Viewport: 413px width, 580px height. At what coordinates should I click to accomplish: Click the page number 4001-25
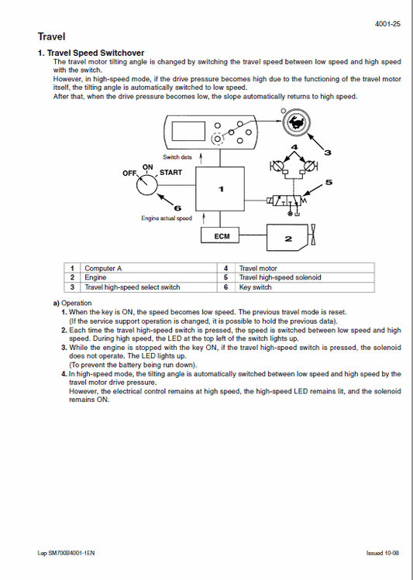click(x=387, y=24)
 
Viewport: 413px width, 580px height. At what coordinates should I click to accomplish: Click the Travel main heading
click(x=51, y=36)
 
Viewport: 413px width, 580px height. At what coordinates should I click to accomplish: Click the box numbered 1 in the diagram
click(x=222, y=187)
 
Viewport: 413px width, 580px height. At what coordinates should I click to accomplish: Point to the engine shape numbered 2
click(x=287, y=239)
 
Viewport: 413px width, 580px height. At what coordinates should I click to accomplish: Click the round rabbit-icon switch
click(x=294, y=122)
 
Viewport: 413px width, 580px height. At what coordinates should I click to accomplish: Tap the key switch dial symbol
click(x=146, y=187)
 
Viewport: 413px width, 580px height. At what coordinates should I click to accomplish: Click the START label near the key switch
click(x=171, y=172)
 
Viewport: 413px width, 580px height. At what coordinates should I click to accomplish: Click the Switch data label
click(x=177, y=157)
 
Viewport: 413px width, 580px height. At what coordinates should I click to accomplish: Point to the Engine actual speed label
click(x=166, y=218)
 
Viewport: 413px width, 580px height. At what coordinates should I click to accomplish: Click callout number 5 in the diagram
click(x=329, y=183)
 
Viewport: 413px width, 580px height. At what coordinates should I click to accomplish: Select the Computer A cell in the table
click(x=103, y=268)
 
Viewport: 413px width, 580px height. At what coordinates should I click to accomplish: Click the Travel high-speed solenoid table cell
click(x=280, y=277)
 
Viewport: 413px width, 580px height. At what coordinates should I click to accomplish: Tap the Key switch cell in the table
click(x=256, y=287)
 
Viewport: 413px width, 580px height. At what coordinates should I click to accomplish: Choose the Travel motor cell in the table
click(x=259, y=268)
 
